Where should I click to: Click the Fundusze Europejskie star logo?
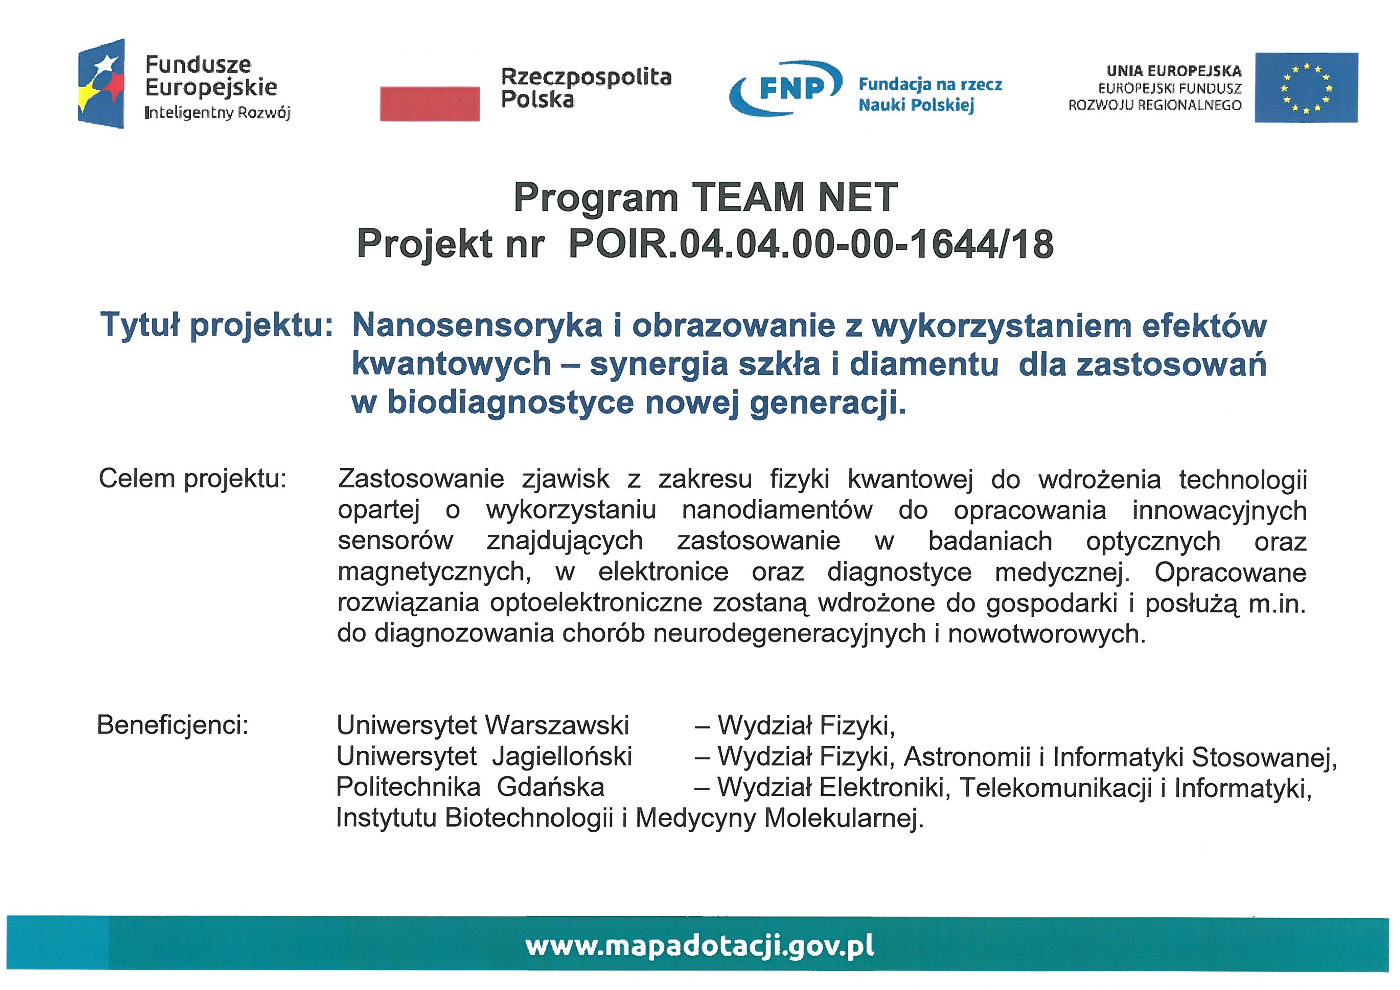coord(101,83)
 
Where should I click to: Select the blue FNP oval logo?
coord(786,88)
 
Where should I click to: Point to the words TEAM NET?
coord(794,198)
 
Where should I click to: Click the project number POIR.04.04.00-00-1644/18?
coord(810,244)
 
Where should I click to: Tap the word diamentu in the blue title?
coord(924,364)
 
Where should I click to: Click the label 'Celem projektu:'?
coord(192,479)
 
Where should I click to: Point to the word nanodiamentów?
coord(777,510)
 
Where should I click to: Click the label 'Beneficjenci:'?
coord(172,725)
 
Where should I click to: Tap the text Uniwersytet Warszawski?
coord(482,725)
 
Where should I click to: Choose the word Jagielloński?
coord(562,756)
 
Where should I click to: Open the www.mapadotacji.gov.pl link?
coord(699,946)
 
